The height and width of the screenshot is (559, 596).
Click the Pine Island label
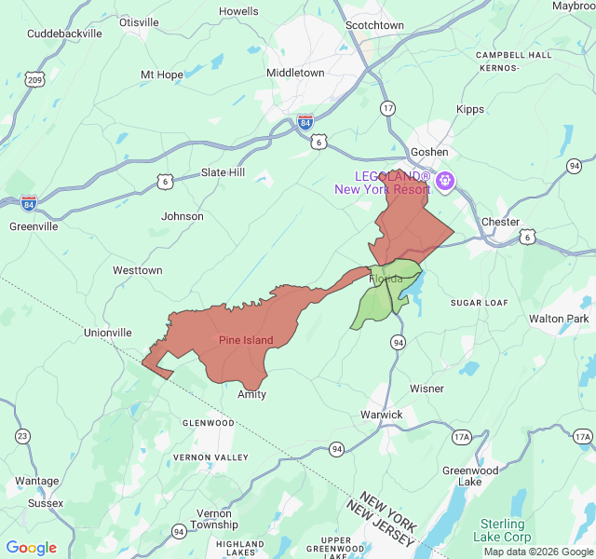click(x=246, y=340)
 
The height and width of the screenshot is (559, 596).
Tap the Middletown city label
click(x=295, y=73)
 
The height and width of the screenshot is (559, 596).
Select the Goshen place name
click(x=429, y=152)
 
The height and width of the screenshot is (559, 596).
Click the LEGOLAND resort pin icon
click(x=445, y=180)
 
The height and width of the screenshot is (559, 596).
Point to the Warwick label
click(x=382, y=415)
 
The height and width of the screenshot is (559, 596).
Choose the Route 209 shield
click(x=34, y=80)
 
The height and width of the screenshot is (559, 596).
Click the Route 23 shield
click(x=22, y=436)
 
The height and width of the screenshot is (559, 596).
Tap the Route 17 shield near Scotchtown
click(x=387, y=108)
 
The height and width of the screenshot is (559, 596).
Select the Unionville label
click(x=107, y=333)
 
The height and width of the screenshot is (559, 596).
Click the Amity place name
click(x=251, y=394)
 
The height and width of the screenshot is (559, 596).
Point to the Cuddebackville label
click(x=64, y=33)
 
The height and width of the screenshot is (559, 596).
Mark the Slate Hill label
click(x=223, y=173)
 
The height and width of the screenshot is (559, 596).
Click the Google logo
click(x=31, y=548)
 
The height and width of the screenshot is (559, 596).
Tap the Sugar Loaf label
click(x=479, y=303)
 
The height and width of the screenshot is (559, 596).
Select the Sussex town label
click(x=46, y=503)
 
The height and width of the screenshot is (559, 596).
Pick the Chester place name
click(x=500, y=222)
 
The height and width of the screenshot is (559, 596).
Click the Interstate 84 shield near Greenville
click(x=29, y=201)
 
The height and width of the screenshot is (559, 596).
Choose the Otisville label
click(x=139, y=22)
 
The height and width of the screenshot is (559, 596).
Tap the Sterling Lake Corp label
click(x=502, y=530)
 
